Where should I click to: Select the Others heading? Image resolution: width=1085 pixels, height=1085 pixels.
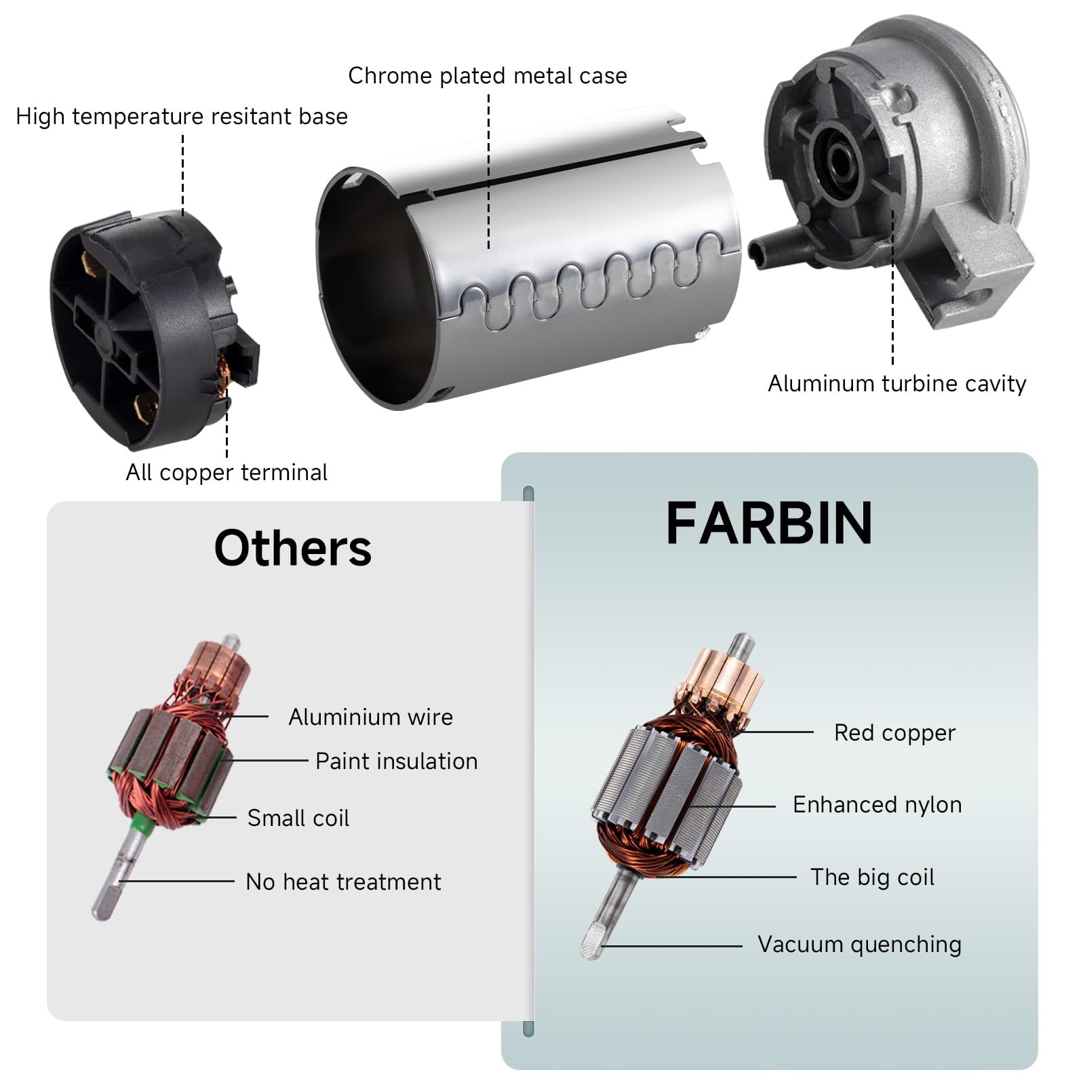[293, 548]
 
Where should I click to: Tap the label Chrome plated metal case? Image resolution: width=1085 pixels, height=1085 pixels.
[488, 76]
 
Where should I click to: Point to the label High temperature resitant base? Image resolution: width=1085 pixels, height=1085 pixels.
[182, 117]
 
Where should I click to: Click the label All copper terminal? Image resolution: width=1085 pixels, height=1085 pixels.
[226, 473]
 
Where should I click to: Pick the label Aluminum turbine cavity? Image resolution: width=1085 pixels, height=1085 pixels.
[897, 384]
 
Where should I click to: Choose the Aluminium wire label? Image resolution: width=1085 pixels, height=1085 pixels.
[371, 717]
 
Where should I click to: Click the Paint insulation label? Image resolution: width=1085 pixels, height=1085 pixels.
[397, 761]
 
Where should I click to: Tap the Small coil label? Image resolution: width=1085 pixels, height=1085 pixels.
[298, 818]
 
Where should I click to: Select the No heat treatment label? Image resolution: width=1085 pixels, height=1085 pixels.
[343, 882]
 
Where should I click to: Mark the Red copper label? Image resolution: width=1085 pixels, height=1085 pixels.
[894, 733]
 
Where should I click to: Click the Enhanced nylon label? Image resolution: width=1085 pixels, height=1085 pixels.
[877, 805]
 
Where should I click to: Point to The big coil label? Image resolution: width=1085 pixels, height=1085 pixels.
[873, 877]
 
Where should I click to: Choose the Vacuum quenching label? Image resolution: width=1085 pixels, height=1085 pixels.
[859, 945]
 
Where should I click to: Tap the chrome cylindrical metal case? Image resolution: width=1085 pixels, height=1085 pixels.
[529, 258]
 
